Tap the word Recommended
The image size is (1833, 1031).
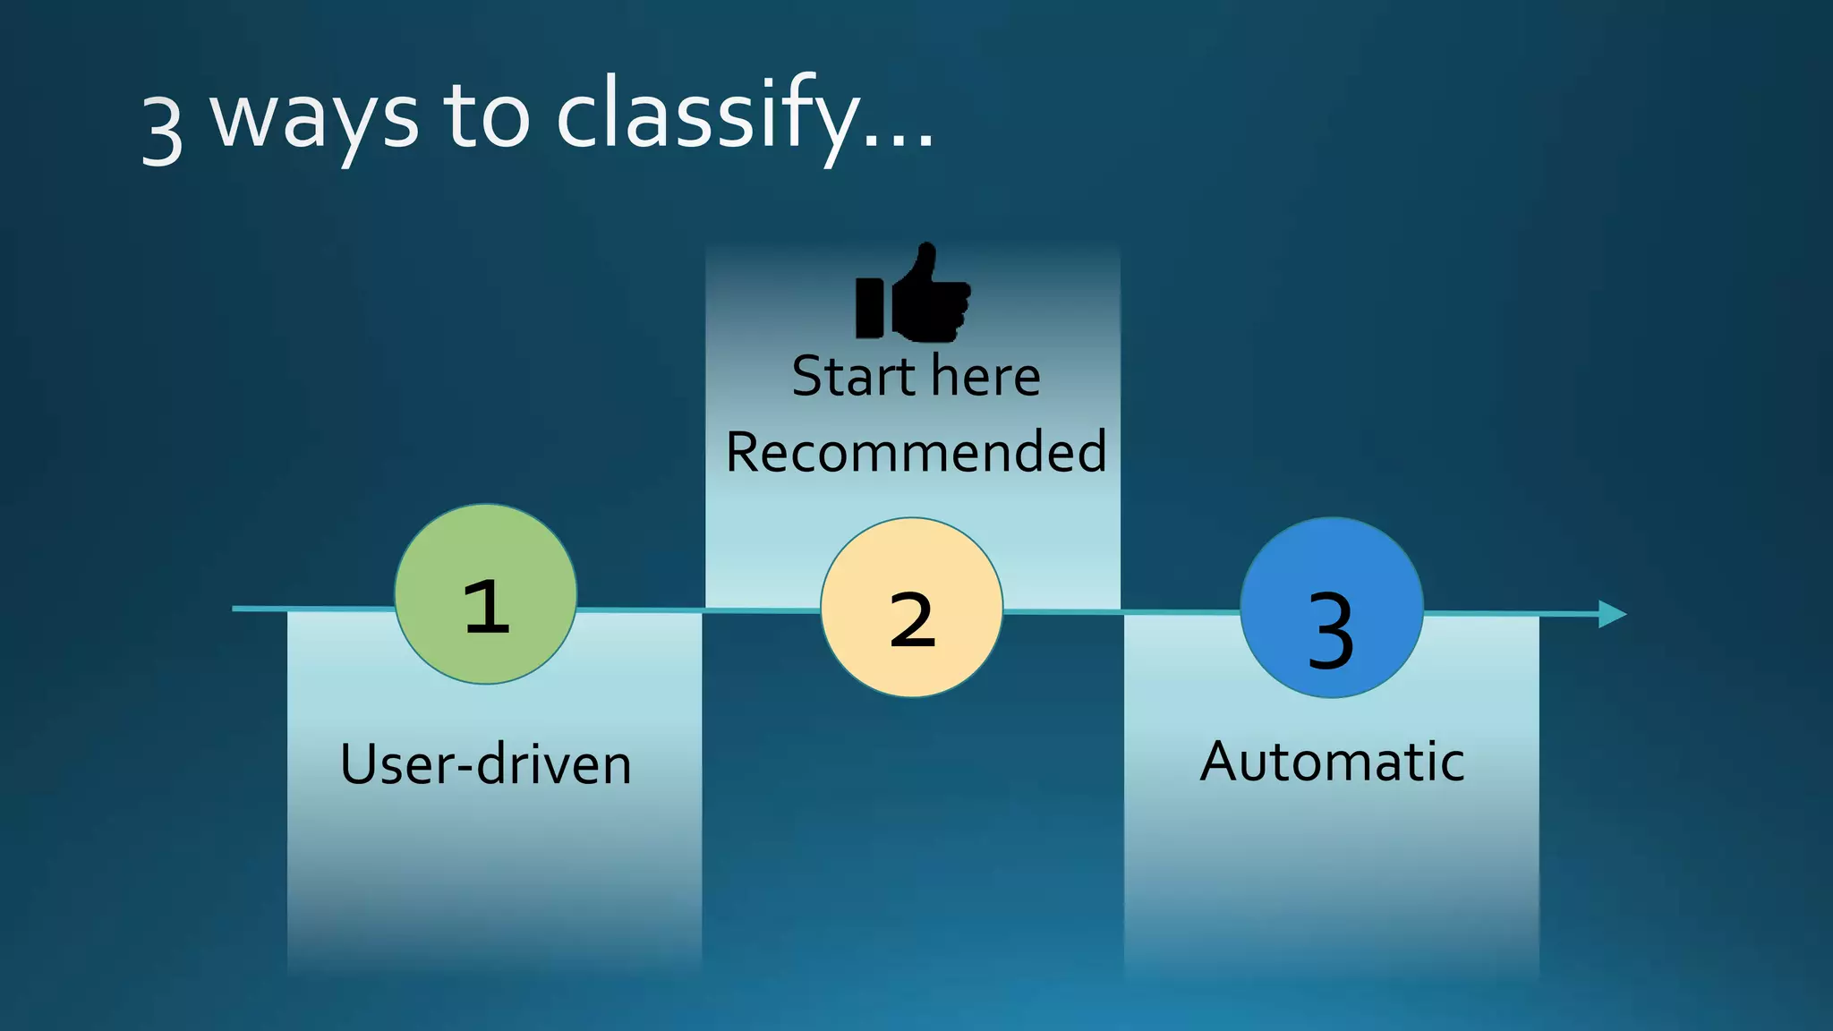916,451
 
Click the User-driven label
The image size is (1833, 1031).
486,764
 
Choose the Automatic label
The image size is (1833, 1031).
1332,762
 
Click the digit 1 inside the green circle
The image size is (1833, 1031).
487,607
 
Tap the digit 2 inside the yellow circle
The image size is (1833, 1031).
912,619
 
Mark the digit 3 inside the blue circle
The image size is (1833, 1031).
1331,631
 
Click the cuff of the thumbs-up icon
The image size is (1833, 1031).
869,307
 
